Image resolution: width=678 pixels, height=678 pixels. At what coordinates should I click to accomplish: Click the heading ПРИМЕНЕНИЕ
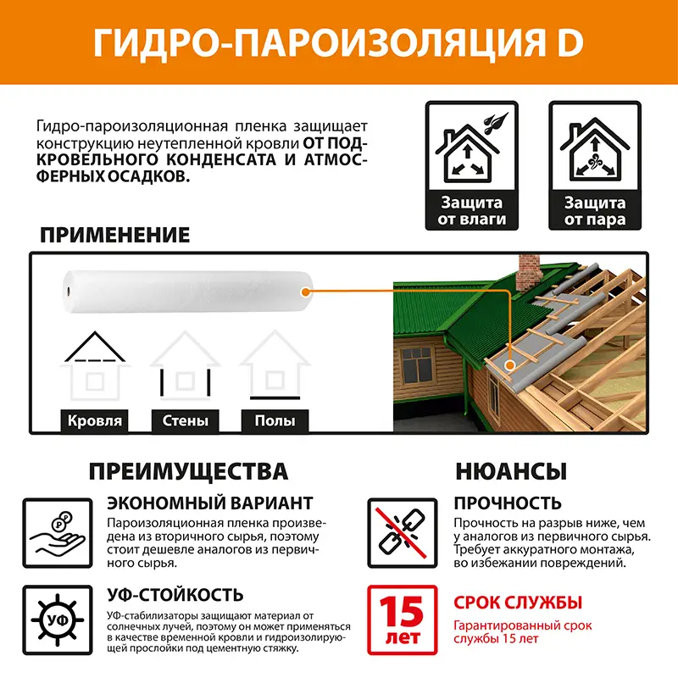pyautogui.click(x=114, y=236)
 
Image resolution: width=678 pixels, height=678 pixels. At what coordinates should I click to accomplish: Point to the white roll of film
pyautogui.click(x=187, y=292)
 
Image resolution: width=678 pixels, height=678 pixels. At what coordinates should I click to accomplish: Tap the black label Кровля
pyautogui.click(x=95, y=420)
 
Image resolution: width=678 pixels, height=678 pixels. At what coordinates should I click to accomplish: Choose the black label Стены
pyautogui.click(x=185, y=420)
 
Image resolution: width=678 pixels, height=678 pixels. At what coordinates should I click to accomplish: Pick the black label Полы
pyautogui.click(x=275, y=420)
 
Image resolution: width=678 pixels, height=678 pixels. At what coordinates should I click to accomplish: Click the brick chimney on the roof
pyautogui.click(x=528, y=272)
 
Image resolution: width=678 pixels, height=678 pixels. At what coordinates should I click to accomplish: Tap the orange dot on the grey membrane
pyautogui.click(x=510, y=365)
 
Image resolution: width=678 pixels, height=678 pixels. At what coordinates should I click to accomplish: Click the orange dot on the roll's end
pyautogui.click(x=306, y=292)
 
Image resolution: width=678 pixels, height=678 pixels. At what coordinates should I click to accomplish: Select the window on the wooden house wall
pyautogui.click(x=416, y=365)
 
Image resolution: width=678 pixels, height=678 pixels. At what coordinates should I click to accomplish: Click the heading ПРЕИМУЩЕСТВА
pyautogui.click(x=188, y=471)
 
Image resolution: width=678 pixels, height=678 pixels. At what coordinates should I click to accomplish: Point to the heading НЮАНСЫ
pyautogui.click(x=511, y=471)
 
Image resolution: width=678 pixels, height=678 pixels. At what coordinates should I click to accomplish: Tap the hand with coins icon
pyautogui.click(x=58, y=533)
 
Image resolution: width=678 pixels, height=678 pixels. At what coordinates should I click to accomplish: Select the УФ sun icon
pyautogui.click(x=58, y=620)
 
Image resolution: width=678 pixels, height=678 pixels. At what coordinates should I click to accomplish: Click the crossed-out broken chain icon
pyautogui.click(x=402, y=533)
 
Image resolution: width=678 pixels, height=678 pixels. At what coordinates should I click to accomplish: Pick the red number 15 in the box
pyautogui.click(x=401, y=611)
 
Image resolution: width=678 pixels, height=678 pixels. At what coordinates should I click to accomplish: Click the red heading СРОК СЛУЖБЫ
pyautogui.click(x=518, y=603)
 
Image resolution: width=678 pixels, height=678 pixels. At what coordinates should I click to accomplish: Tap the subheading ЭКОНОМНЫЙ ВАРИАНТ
pyautogui.click(x=209, y=503)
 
